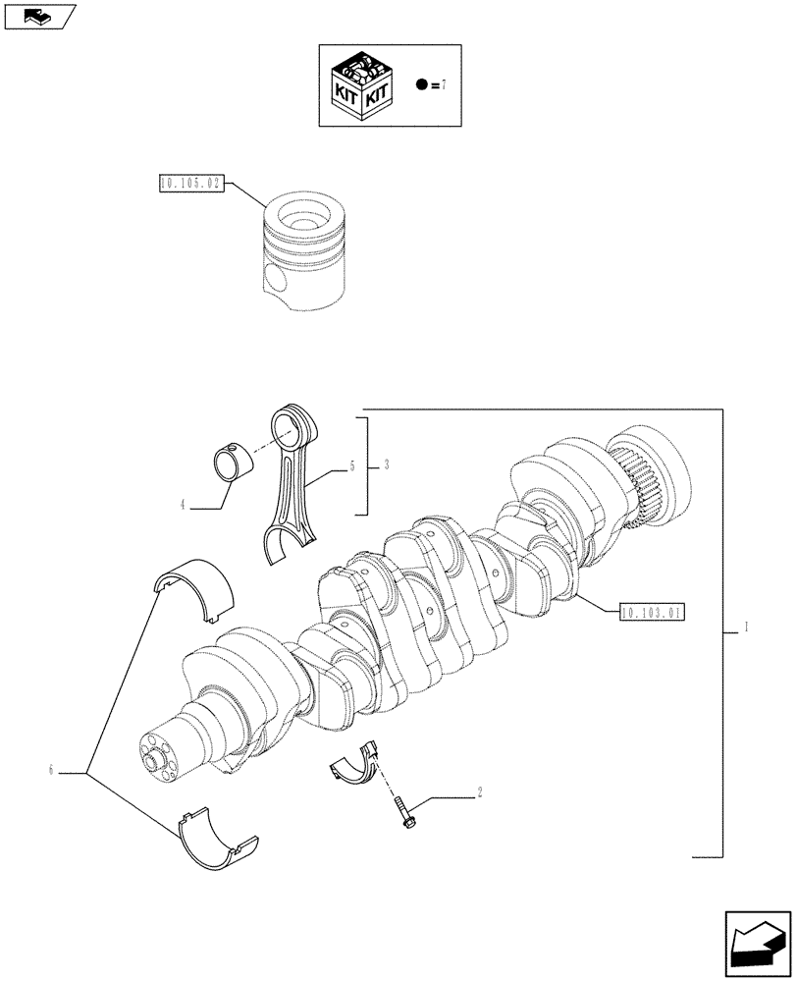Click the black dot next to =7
(421, 85)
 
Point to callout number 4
(183, 507)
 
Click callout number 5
(350, 468)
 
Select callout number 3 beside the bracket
(387, 464)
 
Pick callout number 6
(49, 772)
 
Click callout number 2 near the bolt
(479, 792)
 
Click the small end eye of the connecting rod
(293, 424)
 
